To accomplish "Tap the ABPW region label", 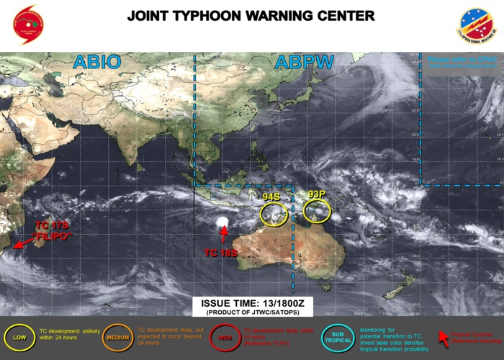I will point(304,63).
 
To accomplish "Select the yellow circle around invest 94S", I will point(273,214).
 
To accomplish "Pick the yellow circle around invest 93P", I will point(317,211).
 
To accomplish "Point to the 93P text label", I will point(317,194).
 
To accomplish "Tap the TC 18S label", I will point(221,252).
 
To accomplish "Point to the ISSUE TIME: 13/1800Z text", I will point(251,304).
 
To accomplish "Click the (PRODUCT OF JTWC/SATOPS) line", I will point(251,313).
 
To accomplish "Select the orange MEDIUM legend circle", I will point(117,336).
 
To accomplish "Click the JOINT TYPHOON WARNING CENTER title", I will point(251,16).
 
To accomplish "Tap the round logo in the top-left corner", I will point(28,24).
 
